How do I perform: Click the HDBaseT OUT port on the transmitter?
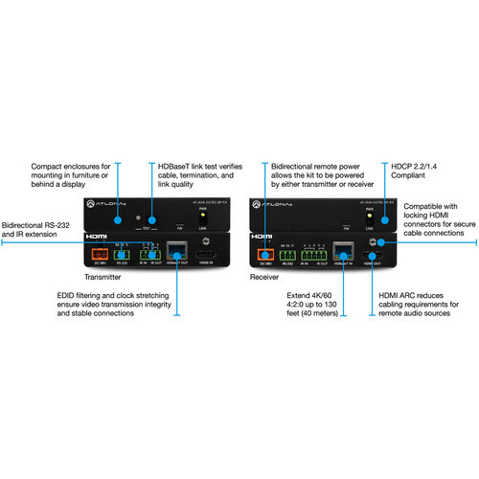(x=176, y=253)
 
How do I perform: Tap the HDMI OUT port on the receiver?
(x=376, y=256)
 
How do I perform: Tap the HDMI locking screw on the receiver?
(x=376, y=242)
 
